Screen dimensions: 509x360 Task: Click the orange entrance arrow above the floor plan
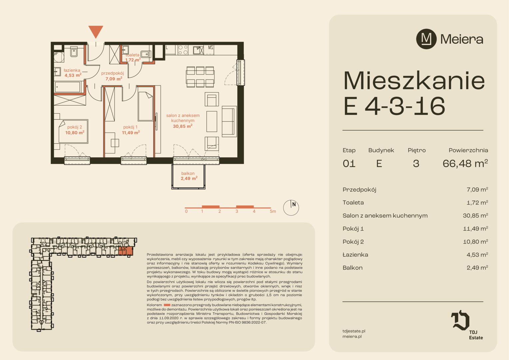[96, 31]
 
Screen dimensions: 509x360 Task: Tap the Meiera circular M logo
[426, 39]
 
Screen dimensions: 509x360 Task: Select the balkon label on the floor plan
[189, 176]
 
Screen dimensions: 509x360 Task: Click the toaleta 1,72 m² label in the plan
[133, 57]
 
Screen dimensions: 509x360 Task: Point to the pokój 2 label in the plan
[75, 130]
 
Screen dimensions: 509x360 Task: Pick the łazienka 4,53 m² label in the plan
[73, 73]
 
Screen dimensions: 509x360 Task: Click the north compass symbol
[291, 208]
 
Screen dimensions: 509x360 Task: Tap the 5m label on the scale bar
[273, 211]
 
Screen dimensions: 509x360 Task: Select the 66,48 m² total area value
[465, 163]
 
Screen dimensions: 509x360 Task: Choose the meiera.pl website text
[352, 336]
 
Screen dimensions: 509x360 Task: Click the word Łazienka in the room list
[355, 254]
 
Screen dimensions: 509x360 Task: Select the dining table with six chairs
[200, 77]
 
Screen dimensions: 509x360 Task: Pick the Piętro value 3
[416, 164]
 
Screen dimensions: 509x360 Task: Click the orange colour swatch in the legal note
[167, 305]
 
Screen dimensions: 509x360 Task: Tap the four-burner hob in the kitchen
[183, 50]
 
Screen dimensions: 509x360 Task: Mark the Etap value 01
[349, 164]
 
